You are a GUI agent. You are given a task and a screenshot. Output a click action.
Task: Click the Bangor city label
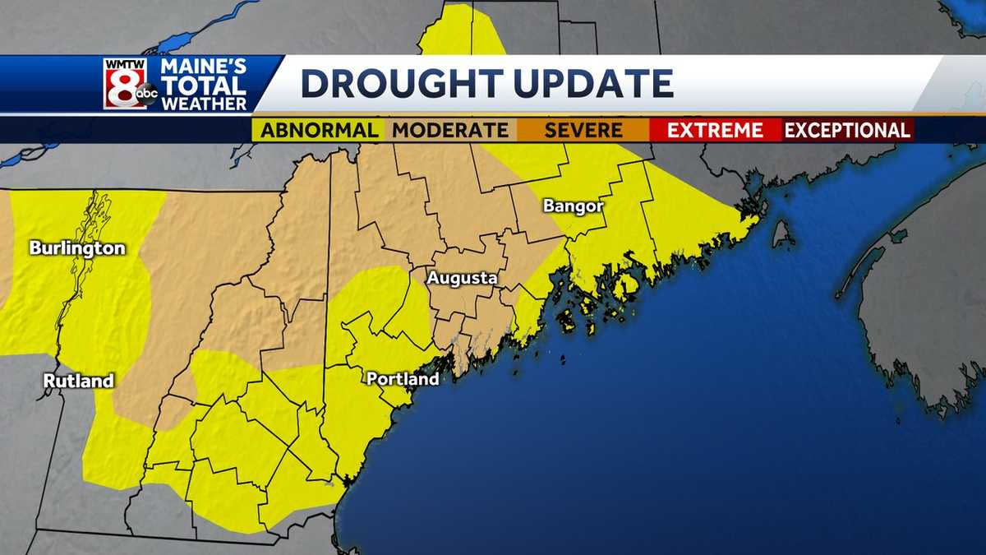point(573,206)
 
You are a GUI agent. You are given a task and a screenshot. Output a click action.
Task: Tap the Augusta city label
point(462,278)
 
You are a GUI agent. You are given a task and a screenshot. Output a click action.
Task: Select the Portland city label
point(403,379)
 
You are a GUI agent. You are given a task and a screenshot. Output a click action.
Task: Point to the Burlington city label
point(77,247)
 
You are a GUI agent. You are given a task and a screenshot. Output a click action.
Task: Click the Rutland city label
point(78,381)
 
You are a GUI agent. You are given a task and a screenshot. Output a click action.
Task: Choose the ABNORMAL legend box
point(320,130)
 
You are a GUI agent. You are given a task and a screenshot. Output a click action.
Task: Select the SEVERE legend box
point(583,130)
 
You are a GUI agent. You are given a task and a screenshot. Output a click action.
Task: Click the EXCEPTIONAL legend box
point(847,130)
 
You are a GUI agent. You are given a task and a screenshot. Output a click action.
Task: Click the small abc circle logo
point(146,95)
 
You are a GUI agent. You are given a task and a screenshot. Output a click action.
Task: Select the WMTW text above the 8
point(124,63)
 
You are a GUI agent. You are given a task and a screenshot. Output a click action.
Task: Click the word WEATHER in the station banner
point(204,104)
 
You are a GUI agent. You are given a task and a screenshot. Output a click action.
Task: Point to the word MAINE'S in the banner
point(203,67)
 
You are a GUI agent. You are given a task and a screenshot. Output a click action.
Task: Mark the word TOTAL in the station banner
point(203,86)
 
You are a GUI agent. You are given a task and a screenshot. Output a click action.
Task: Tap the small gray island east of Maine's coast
point(781,234)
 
